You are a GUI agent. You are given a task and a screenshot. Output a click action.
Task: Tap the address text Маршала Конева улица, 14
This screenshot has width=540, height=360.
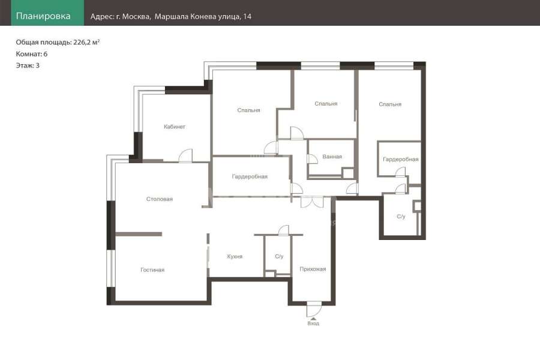(203, 17)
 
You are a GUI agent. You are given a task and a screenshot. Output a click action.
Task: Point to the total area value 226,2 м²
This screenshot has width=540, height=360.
(86, 43)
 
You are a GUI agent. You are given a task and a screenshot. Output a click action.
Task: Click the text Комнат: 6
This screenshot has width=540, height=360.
(32, 54)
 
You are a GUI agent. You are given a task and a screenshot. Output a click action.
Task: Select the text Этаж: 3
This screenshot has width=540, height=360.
(28, 65)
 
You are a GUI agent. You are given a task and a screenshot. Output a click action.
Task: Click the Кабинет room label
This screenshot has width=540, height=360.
(175, 127)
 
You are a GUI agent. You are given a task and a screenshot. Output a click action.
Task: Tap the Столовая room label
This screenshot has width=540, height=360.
(160, 199)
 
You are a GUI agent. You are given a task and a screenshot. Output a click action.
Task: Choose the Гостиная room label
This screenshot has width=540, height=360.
(152, 270)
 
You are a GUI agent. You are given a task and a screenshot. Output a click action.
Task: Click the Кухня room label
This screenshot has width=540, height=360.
(235, 257)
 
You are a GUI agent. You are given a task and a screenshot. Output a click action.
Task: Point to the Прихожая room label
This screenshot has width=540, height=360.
(313, 269)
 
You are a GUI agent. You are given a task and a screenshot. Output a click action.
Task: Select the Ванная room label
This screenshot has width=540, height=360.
(332, 157)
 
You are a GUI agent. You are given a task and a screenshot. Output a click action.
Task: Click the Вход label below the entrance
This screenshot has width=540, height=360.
(313, 323)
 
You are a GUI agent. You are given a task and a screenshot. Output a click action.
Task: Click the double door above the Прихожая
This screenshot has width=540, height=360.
(313, 202)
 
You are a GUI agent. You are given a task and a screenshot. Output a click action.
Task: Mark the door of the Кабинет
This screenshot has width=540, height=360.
(185, 155)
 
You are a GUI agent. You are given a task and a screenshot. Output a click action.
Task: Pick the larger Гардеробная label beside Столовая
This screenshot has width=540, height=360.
(250, 177)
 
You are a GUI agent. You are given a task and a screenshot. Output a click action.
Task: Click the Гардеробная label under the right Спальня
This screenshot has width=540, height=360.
(401, 159)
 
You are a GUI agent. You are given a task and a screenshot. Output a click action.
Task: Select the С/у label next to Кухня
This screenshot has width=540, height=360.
(279, 257)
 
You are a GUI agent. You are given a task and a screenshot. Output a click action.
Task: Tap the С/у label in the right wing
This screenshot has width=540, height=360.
(401, 217)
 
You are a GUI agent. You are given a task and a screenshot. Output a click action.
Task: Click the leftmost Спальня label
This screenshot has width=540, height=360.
(248, 110)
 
